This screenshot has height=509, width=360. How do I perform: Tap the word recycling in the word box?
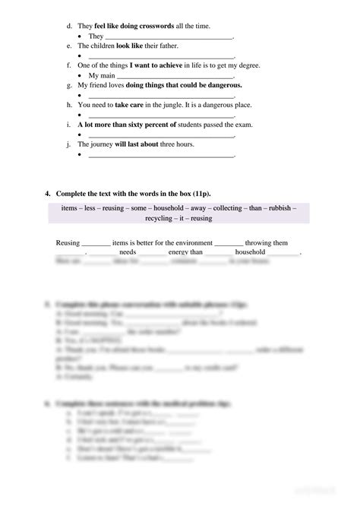coord(151,218)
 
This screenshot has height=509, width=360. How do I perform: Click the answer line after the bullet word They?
coord(169,36)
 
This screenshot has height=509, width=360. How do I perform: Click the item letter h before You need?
coord(68,105)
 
